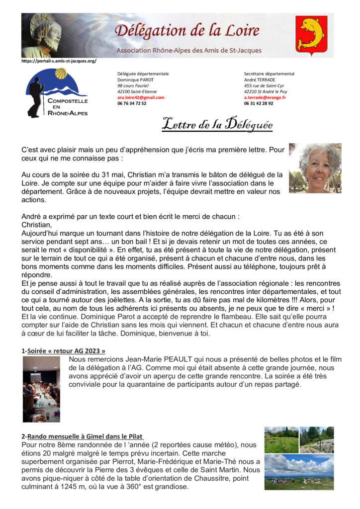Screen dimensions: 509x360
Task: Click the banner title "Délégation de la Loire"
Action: pos(187,30)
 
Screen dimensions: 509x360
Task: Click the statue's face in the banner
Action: pos(47,31)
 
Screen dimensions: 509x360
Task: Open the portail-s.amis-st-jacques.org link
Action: pos(59,61)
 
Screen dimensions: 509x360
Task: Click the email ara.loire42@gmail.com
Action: pos(141,97)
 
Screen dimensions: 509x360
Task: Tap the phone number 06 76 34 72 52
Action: pos(132,103)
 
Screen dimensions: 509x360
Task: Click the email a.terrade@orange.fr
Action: pos(265,97)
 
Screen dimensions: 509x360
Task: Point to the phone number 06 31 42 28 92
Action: pos(259,103)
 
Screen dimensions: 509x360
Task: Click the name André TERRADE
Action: pos(261,80)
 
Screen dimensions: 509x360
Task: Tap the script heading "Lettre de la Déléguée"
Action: pos(217,125)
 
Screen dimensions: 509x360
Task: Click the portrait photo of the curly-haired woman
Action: pos(315,168)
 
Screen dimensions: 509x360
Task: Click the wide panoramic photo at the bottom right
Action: pos(299,472)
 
